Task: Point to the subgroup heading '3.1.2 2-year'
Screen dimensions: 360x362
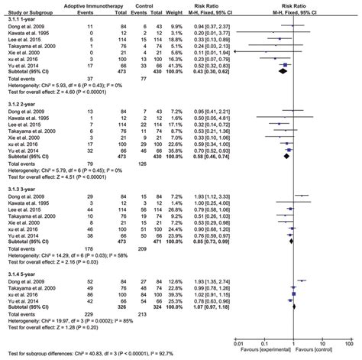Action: click(21, 109)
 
